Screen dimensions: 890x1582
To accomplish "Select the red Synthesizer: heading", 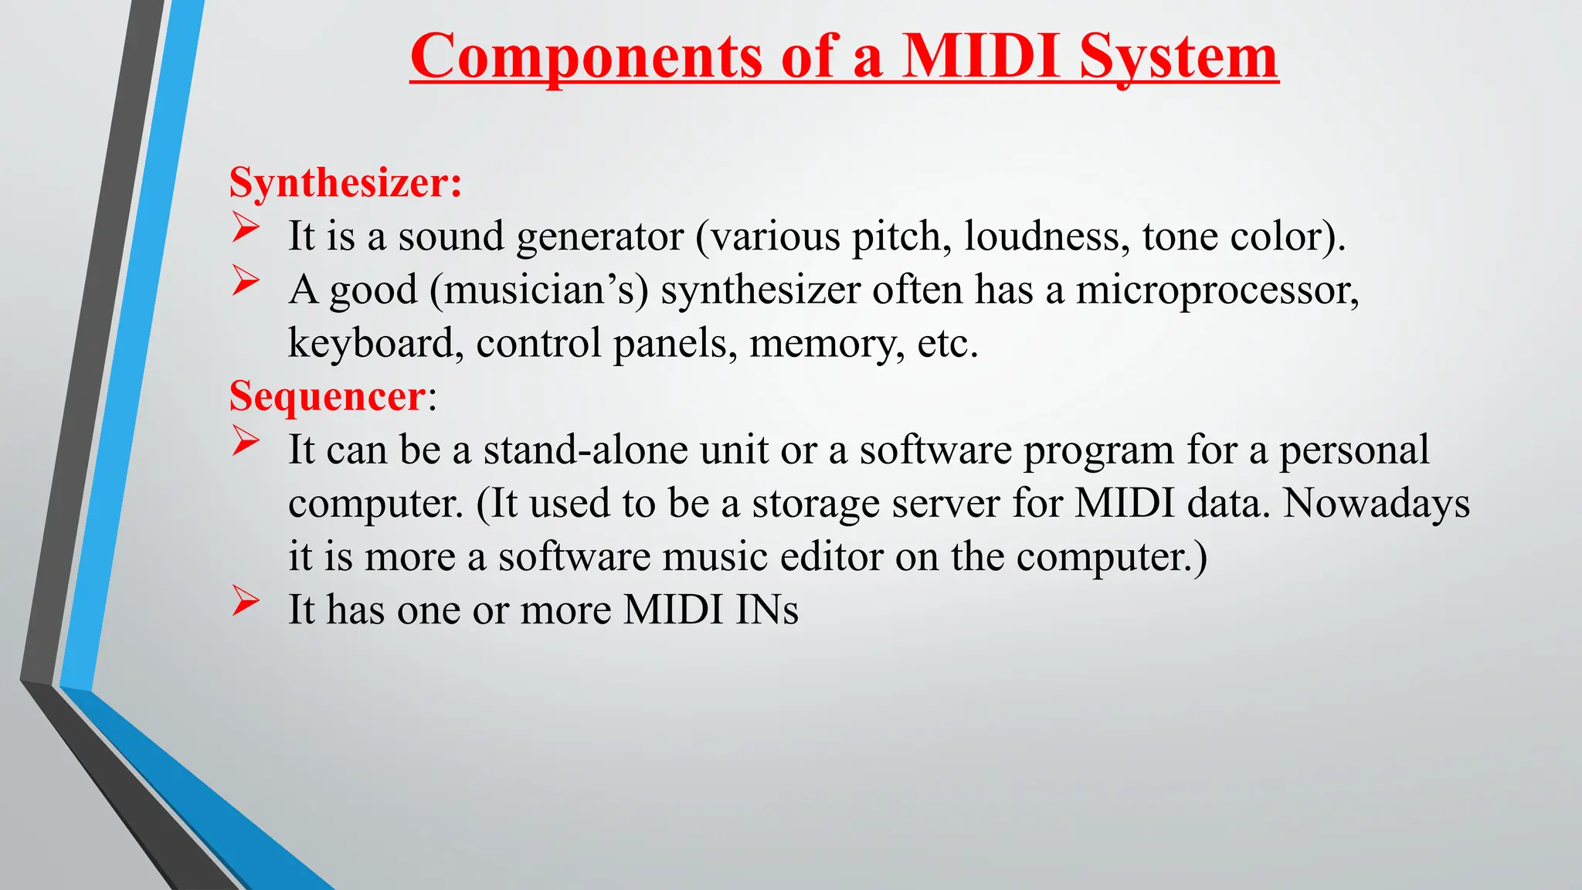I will (345, 183).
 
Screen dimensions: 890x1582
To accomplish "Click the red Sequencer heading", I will (327, 396).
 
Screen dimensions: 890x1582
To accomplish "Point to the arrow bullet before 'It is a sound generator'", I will (245, 229).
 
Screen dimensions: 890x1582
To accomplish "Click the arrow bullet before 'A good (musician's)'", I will (245, 282).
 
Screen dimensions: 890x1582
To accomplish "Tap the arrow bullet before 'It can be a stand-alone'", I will (245, 443).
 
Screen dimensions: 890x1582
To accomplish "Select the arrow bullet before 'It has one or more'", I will (245, 603).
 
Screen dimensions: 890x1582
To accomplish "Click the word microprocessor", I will (1217, 290).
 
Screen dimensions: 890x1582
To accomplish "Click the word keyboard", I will (375, 344).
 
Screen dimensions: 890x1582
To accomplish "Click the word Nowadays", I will (1376, 504).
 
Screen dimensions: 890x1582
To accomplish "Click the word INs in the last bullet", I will (766, 610).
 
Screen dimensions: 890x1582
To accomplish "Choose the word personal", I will (1353, 450).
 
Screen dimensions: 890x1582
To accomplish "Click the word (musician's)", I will (539, 290).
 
